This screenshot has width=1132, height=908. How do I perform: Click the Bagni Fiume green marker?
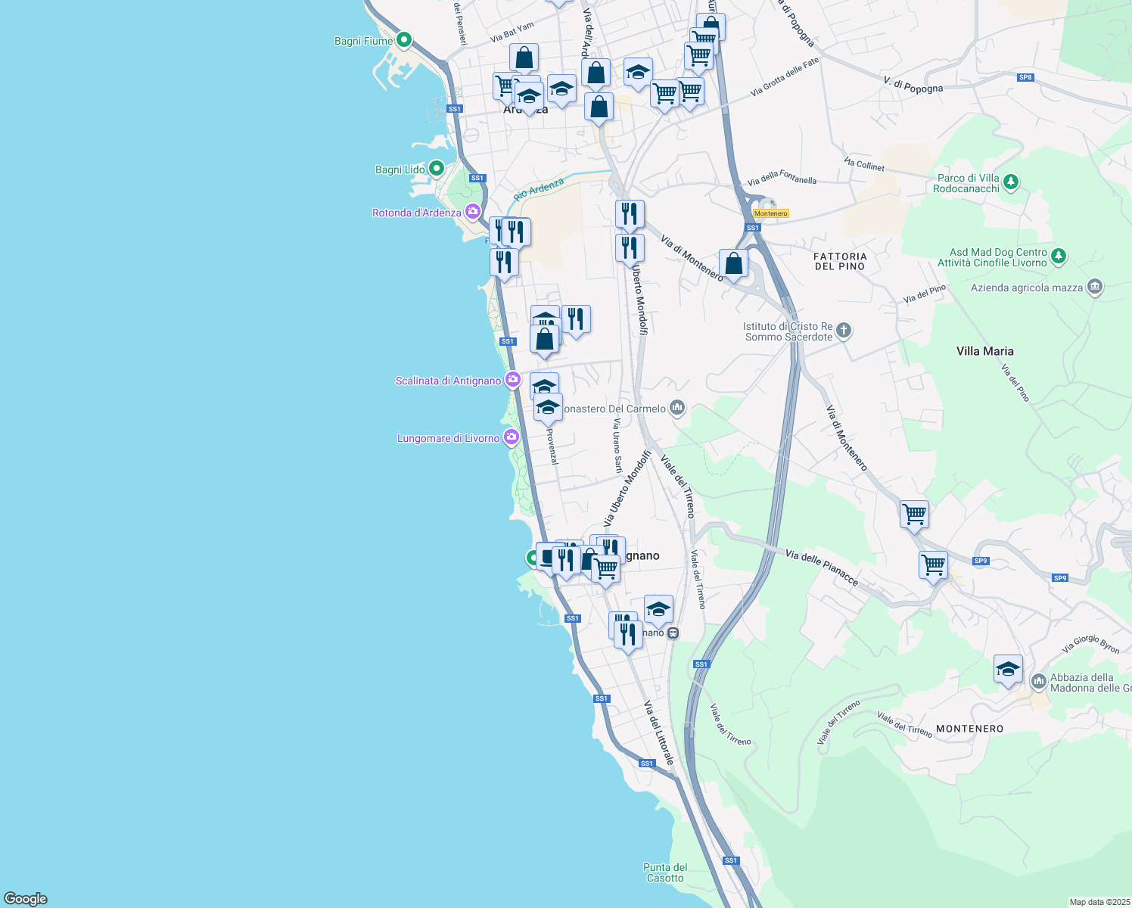coord(404,40)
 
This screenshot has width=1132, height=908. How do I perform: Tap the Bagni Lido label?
coord(400,169)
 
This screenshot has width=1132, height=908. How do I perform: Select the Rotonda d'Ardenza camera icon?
coord(473,212)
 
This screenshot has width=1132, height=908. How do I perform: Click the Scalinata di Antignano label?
coord(448,381)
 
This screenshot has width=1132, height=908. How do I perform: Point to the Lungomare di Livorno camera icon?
coord(512,437)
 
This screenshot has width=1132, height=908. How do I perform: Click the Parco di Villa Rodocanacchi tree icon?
coord(1011,182)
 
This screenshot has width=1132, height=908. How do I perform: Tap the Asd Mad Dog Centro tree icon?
coord(1059,257)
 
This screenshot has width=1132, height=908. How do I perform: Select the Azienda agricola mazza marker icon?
coord(1094,287)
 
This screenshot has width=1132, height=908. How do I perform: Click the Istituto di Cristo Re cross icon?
coord(844,331)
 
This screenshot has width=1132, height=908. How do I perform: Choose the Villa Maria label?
coord(984,351)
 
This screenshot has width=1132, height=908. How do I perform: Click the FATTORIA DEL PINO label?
coord(840,261)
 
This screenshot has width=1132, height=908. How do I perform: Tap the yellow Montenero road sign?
coord(771,213)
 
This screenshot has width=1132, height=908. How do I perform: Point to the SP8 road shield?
coord(1025,77)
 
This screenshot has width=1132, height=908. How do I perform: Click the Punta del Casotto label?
coord(665,872)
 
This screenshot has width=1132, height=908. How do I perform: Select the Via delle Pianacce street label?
coord(822,567)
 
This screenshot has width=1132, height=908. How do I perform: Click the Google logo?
coord(25,899)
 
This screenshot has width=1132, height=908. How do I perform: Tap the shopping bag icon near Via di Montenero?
coord(733,263)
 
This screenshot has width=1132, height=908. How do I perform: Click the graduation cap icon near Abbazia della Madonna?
coord(1008,669)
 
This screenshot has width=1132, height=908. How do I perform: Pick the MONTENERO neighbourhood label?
coord(969,729)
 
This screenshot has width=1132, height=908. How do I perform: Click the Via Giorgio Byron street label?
coord(1090,645)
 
